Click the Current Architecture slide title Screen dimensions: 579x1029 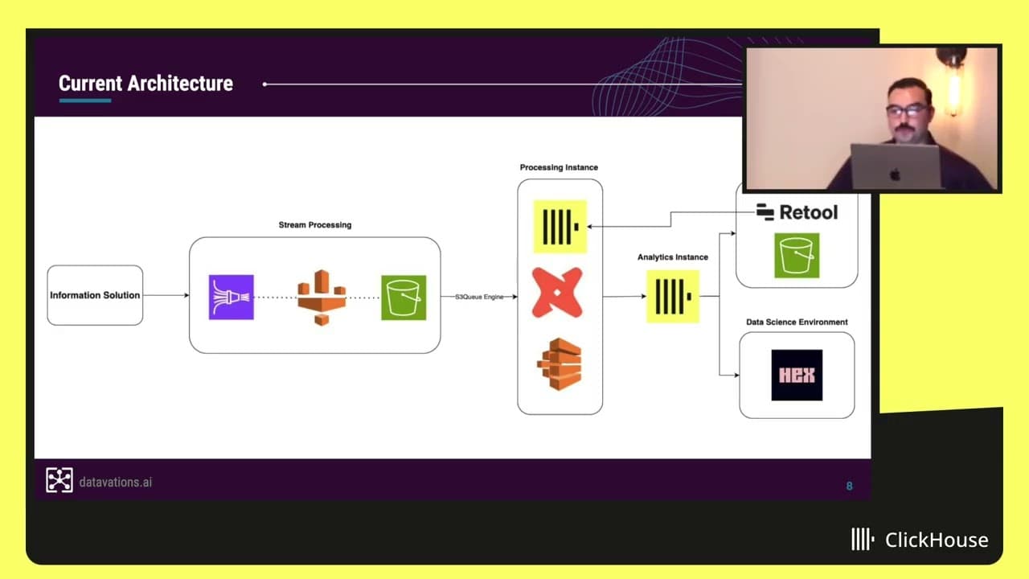[146, 84]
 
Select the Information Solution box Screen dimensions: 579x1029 [95, 295]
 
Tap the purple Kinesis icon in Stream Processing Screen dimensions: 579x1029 [232, 297]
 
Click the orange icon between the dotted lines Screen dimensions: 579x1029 [322, 298]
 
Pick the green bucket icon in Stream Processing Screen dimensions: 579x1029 [404, 298]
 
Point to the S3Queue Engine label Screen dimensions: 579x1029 [479, 297]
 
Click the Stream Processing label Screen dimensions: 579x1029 [315, 225]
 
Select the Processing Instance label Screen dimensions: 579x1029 [559, 167]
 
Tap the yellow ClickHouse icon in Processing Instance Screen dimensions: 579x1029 [560, 226]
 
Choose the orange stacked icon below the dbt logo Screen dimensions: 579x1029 [560, 363]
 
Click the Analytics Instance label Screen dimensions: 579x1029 [673, 257]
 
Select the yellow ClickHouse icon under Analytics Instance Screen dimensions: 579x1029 [673, 296]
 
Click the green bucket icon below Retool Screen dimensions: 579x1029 [797, 256]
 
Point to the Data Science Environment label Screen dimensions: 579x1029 [797, 322]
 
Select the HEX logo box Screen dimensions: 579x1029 [797, 375]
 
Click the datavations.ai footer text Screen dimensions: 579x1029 [116, 482]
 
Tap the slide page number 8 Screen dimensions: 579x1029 [849, 486]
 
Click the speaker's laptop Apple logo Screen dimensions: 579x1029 [895, 173]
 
